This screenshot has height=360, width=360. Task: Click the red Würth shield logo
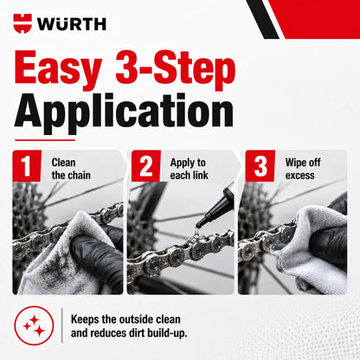(22, 23)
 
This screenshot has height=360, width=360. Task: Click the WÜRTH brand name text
(72, 24)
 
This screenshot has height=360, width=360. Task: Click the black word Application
(124, 113)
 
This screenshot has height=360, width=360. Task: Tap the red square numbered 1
(27, 166)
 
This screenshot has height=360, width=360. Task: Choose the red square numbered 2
(146, 166)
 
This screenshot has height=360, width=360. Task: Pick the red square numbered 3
(260, 166)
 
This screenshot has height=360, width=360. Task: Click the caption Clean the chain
(71, 169)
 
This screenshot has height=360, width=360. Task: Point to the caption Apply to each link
(190, 169)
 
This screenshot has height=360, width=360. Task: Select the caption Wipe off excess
(303, 169)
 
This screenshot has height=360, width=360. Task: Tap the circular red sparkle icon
(34, 326)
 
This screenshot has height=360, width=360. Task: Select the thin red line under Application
(45, 140)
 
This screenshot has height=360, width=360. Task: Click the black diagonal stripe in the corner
(263, 19)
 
